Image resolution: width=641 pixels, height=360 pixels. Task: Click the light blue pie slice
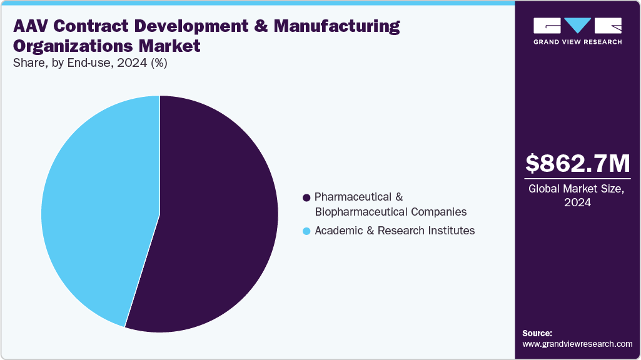click(100, 206)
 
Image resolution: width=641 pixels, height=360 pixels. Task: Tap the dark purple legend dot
click(306, 197)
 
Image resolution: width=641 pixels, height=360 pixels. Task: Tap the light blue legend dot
click(306, 231)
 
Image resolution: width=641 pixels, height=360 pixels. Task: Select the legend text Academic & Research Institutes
click(395, 231)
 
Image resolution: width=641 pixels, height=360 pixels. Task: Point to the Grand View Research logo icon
click(577, 26)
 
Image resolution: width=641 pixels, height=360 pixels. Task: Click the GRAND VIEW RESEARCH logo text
click(577, 42)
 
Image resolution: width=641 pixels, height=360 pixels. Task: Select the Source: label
click(537, 333)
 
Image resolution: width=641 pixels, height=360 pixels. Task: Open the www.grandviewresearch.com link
click(577, 344)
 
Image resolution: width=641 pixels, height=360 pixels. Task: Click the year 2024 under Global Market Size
click(577, 202)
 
